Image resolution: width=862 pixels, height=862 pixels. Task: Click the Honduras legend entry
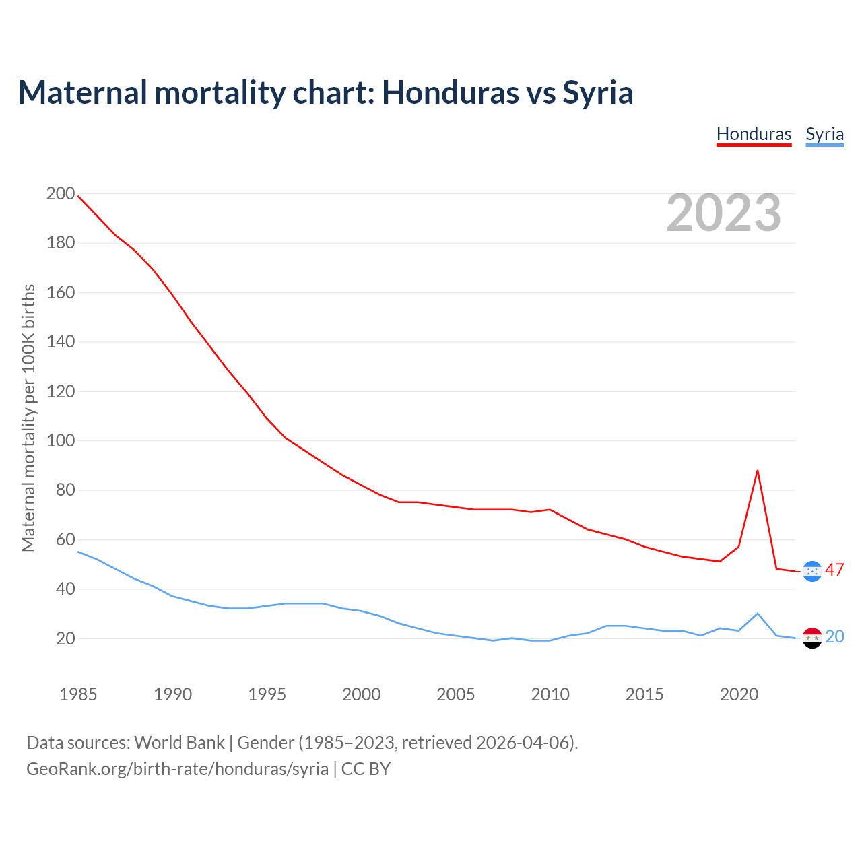click(x=754, y=134)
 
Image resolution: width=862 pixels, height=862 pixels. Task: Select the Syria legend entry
click(x=824, y=134)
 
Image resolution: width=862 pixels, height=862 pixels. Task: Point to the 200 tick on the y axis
click(x=61, y=194)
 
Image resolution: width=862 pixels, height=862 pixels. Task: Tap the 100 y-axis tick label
click(x=61, y=441)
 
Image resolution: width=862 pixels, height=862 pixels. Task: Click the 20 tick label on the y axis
click(x=65, y=638)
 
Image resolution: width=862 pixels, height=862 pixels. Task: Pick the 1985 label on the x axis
click(x=78, y=694)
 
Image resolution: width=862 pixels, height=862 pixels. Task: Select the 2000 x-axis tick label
click(x=362, y=694)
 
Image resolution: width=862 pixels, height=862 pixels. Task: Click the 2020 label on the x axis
click(x=739, y=694)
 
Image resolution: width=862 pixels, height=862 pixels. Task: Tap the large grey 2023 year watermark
click(x=724, y=213)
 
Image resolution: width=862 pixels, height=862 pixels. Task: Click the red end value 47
click(x=834, y=570)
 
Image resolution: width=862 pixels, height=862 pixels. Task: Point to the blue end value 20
click(x=834, y=636)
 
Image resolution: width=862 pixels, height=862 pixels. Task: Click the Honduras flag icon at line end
click(x=813, y=571)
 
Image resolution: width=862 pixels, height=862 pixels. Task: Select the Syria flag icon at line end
click(x=813, y=638)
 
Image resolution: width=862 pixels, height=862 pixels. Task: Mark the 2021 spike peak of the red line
click(x=758, y=471)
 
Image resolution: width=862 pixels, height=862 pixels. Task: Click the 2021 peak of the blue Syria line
click(x=758, y=614)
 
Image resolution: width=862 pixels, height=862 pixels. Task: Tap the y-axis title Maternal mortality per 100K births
click(x=28, y=418)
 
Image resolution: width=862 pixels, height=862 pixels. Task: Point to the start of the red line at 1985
click(x=79, y=196)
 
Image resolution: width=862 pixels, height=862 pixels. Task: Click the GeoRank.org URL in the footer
click(x=178, y=768)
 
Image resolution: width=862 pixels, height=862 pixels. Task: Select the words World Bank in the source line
click(x=179, y=742)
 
